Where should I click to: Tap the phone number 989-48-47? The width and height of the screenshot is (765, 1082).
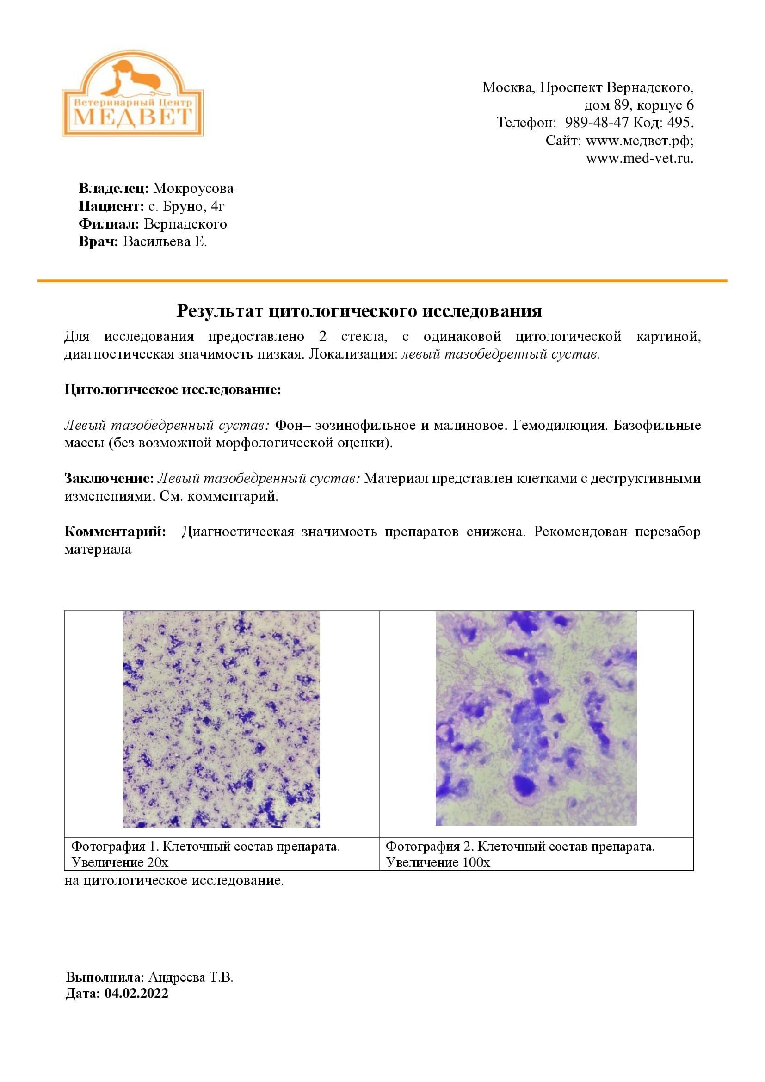pyautogui.click(x=596, y=123)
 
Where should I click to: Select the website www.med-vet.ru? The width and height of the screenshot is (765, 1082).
pyautogui.click(x=640, y=158)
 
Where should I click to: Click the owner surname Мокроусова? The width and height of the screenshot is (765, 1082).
pyautogui.click(x=193, y=188)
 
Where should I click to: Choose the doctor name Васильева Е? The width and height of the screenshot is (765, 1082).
pyautogui.click(x=165, y=242)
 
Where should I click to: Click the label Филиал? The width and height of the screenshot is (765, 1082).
pyautogui.click(x=109, y=224)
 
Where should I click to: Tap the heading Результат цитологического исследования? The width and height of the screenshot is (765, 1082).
pyautogui.click(x=359, y=311)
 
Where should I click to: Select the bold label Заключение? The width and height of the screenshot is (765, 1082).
pyautogui.click(x=109, y=479)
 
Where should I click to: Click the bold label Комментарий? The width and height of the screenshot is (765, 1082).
pyautogui.click(x=115, y=532)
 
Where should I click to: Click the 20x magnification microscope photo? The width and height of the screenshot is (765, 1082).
pyautogui.click(x=222, y=719)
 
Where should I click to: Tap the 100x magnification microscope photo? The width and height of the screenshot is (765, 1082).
pyautogui.click(x=536, y=718)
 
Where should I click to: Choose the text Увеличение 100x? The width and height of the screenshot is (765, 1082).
pyautogui.click(x=438, y=863)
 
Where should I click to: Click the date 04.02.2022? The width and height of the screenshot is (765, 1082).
pyautogui.click(x=136, y=993)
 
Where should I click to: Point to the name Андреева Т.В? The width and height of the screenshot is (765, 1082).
pyautogui.click(x=191, y=977)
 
